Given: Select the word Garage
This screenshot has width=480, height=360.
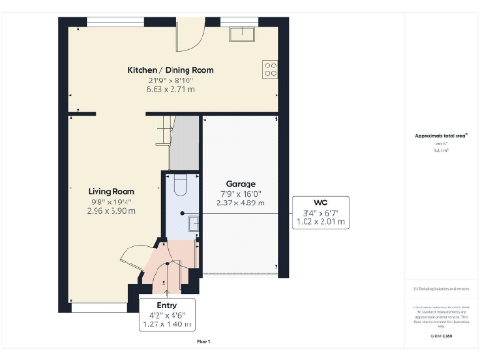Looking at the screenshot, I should (241, 184).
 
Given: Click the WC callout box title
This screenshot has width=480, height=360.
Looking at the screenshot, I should (321, 203).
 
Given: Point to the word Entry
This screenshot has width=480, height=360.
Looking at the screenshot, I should (168, 305).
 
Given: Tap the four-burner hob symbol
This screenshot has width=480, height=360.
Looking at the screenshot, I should (270, 67).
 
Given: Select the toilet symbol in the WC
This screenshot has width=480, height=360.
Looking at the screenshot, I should (180, 185).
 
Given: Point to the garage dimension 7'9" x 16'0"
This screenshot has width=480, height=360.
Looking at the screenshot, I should (241, 194).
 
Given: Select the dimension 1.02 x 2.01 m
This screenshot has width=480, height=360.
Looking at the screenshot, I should (321, 223).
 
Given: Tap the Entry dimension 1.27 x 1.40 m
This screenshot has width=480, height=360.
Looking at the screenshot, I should (168, 324).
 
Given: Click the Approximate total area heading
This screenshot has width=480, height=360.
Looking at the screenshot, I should (435, 137).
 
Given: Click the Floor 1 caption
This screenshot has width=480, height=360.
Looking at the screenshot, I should (203, 343).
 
